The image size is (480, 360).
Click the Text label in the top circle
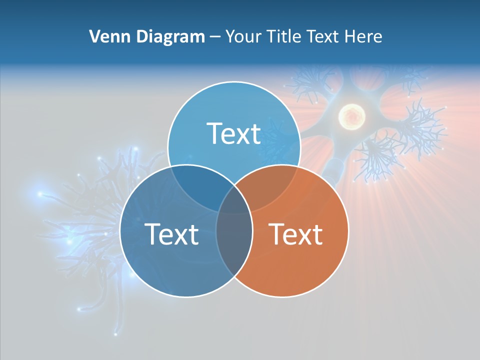[x=234, y=133]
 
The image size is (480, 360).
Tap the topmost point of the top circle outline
[x=234, y=81]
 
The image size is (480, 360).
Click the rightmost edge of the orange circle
[x=348, y=231]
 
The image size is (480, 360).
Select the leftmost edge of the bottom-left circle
[x=120, y=231]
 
